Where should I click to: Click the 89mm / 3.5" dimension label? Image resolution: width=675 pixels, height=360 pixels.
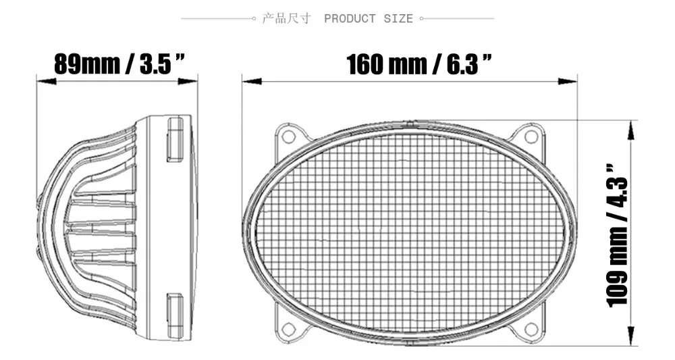tap(119, 65)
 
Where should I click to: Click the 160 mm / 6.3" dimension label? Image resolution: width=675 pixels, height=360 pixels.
tap(418, 65)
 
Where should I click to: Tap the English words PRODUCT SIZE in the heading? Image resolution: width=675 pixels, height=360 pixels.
tap(368, 18)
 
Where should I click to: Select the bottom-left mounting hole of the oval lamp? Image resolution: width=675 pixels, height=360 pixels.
tap(288, 329)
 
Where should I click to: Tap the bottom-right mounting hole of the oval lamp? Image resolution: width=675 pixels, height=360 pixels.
tap(532, 329)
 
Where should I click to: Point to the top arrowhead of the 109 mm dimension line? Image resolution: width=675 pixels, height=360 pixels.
tap(631, 129)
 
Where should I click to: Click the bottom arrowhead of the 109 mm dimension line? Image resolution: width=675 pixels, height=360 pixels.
tap(631, 338)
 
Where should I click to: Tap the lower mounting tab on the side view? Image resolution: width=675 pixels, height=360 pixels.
tap(175, 316)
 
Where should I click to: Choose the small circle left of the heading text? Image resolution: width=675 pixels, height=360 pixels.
tap(253, 18)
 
